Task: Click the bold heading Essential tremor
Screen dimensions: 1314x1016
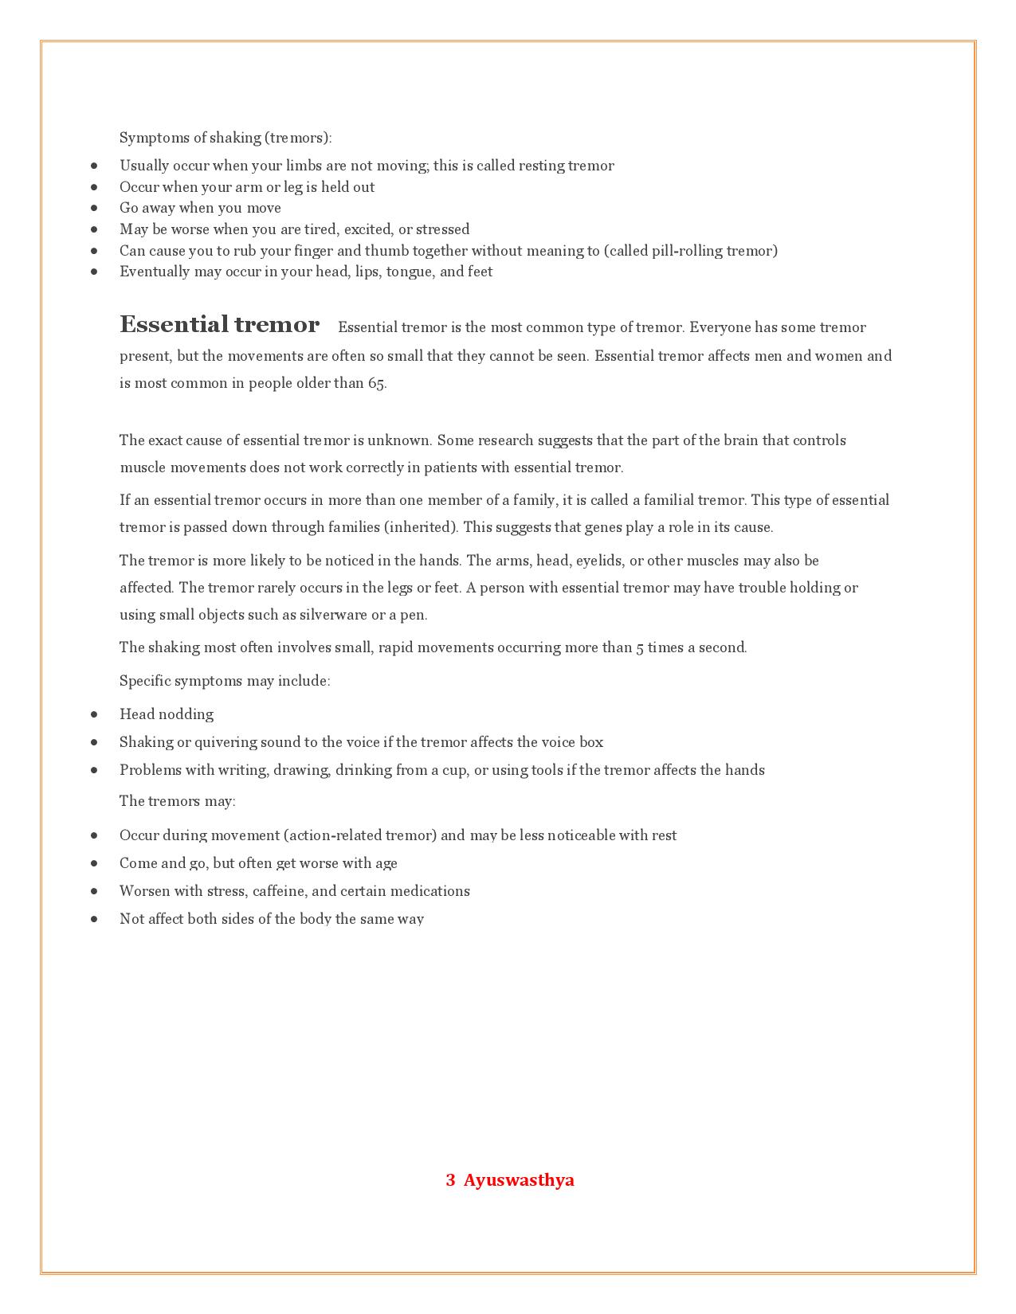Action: (219, 325)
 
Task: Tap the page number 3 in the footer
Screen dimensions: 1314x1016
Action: (450, 1180)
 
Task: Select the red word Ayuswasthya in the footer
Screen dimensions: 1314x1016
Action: (519, 1180)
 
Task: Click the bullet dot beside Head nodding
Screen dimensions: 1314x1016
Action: (95, 714)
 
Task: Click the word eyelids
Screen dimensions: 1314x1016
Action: (598, 561)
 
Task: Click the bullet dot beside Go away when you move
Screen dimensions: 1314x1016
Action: (95, 208)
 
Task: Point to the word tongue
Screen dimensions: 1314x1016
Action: (409, 272)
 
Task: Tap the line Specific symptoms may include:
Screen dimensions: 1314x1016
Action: (225, 681)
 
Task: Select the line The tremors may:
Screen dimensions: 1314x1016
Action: (178, 801)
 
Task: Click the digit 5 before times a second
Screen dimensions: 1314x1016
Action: (640, 648)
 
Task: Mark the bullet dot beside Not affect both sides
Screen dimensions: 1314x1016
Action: (95, 919)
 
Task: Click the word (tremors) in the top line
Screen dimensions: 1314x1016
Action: (299, 138)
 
